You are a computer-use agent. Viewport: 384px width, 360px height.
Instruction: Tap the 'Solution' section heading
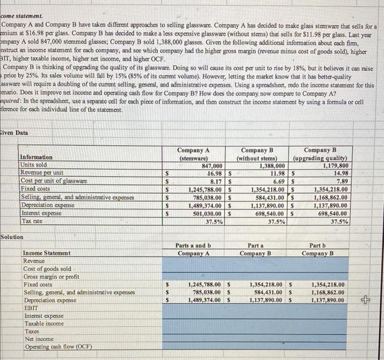click(x=12, y=237)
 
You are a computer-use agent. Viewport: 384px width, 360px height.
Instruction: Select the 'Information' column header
click(x=36, y=157)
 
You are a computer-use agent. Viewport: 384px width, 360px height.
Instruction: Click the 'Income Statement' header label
click(x=47, y=253)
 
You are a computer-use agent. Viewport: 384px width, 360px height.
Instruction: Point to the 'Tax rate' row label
click(x=32, y=221)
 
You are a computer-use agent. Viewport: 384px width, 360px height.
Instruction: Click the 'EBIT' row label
click(x=30, y=308)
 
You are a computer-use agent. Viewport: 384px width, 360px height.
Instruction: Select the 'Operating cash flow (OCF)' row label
click(x=57, y=347)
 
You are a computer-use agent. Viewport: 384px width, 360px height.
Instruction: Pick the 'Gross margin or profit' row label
click(x=51, y=277)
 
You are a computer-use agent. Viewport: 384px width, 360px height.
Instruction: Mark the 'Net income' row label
click(x=37, y=339)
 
